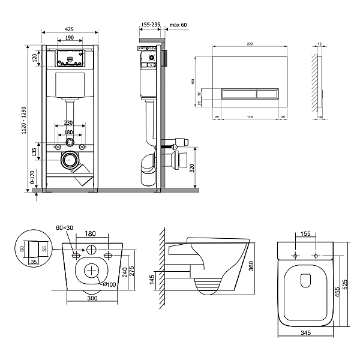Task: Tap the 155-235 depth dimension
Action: pyautogui.click(x=149, y=25)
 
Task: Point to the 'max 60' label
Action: pyautogui.click(x=179, y=25)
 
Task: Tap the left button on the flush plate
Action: pyautogui.click(x=239, y=93)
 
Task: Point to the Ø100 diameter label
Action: pyautogui.click(x=109, y=284)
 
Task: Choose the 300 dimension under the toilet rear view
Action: pyautogui.click(x=92, y=298)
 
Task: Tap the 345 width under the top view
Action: pyautogui.click(x=306, y=334)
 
